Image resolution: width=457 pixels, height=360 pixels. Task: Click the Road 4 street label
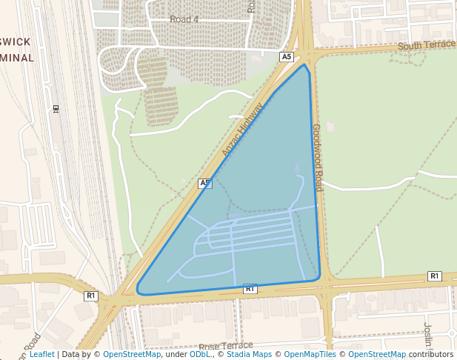184,19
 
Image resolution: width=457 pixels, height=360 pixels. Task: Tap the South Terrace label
426,46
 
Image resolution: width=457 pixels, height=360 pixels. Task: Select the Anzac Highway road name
242,130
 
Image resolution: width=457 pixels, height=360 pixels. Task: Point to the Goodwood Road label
318,157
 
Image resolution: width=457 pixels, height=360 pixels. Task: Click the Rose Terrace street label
225,346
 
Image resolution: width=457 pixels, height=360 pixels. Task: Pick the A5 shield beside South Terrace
287,57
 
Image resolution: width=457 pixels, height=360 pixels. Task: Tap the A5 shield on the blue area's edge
205,183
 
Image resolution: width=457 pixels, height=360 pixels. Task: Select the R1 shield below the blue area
250,288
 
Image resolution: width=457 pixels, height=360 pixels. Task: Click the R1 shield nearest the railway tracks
91,296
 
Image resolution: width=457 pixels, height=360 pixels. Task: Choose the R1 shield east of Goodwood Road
434,276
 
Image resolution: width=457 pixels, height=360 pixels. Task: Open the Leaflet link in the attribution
41,354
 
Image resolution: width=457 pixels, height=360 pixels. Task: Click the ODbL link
200,354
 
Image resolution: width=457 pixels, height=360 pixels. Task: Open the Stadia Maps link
249,354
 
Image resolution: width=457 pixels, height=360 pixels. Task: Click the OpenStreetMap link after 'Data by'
131,354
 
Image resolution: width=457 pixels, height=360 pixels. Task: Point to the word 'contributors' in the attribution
431,354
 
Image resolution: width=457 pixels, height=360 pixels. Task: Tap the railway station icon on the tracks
56,109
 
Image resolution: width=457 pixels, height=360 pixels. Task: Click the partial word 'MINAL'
16,58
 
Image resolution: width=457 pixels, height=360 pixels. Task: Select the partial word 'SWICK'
16,41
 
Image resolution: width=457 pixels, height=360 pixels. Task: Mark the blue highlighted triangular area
259,222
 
